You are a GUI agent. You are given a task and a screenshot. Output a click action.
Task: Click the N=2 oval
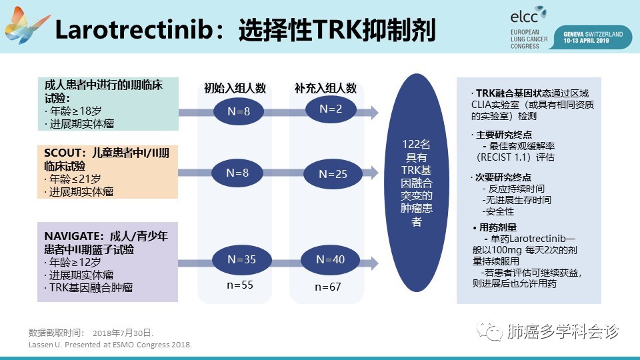(331, 109)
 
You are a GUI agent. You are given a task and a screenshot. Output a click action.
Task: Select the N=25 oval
(333, 174)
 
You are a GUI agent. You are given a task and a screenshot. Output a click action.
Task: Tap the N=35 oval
(241, 259)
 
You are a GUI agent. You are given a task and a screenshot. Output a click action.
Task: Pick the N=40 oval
(330, 259)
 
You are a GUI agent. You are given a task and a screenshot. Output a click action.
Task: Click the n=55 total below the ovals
(240, 285)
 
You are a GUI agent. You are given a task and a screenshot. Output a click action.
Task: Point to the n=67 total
(328, 287)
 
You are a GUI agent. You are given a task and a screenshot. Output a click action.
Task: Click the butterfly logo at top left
(26, 25)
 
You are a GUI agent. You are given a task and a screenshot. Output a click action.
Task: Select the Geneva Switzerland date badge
(593, 37)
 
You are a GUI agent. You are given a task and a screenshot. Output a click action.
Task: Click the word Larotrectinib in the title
(135, 30)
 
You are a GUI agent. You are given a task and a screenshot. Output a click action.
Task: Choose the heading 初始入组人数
(235, 88)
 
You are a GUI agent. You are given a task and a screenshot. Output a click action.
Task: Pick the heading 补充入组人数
(326, 88)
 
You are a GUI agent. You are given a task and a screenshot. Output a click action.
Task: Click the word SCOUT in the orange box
(63, 153)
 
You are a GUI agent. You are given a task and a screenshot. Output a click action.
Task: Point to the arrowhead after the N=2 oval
(374, 112)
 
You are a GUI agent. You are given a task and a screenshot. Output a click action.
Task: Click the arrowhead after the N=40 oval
(374, 263)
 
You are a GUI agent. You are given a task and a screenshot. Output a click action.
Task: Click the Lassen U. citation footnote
(110, 345)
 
